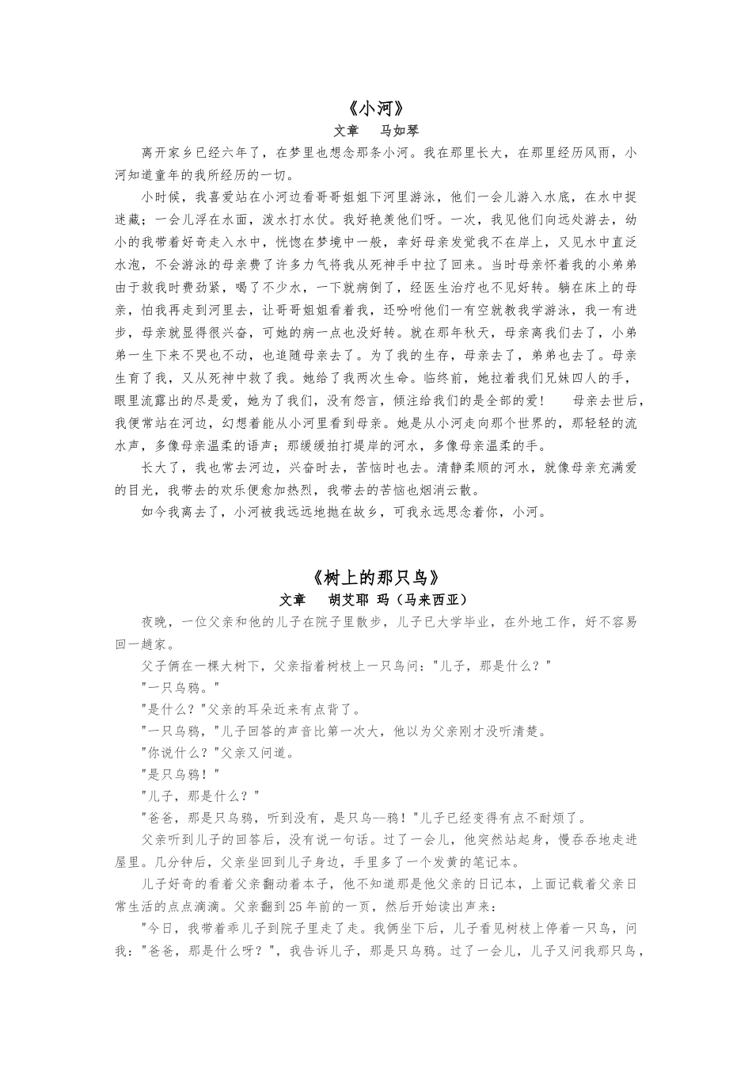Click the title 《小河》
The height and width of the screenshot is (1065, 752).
[x=376, y=109]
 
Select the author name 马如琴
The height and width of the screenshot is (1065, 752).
[x=400, y=131]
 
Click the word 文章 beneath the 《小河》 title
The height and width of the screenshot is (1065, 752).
[x=347, y=131]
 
